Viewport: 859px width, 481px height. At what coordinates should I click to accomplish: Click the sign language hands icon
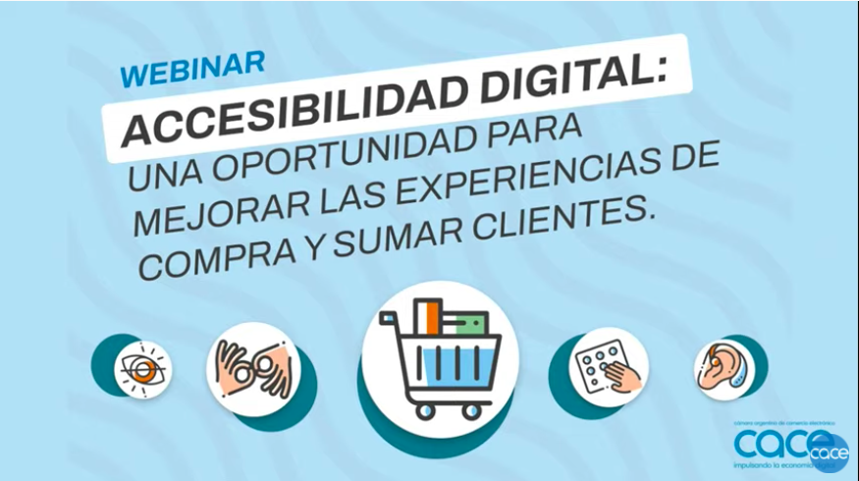coord(252,369)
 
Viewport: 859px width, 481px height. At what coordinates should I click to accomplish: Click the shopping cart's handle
coord(389,316)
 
